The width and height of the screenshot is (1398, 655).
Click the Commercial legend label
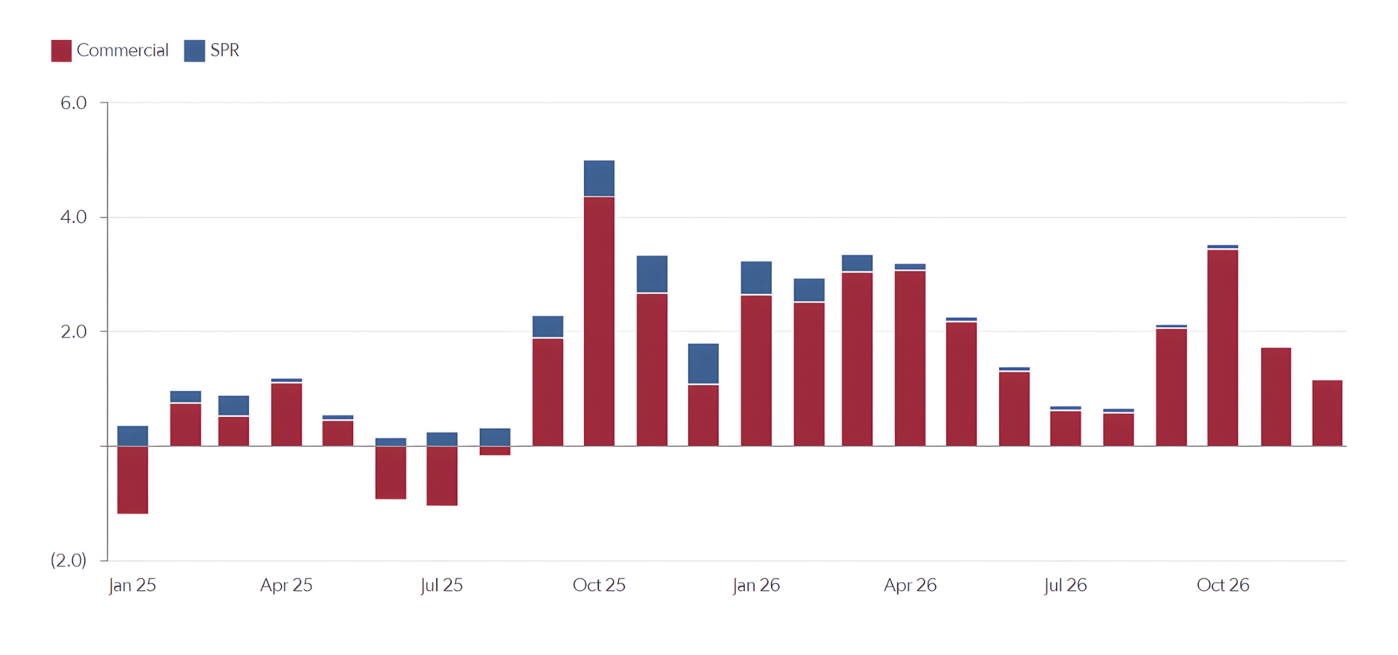pos(122,50)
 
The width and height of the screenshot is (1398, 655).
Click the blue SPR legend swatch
pos(194,50)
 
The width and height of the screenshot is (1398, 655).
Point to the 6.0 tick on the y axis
pos(74,103)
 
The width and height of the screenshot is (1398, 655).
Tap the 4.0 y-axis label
pos(74,217)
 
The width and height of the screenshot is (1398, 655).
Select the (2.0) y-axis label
pos(68,560)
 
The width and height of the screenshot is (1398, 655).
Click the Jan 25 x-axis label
pos(133,585)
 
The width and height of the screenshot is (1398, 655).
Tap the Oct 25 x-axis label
pos(599,585)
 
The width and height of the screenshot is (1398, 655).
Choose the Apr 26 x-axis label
pos(910,585)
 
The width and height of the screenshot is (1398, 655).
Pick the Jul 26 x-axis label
pos(1065,585)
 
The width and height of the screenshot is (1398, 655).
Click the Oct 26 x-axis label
pos(1223,585)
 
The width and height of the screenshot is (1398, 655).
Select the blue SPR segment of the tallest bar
pos(599,178)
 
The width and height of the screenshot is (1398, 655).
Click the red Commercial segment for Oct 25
pos(599,320)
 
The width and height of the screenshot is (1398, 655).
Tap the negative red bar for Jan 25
pos(133,480)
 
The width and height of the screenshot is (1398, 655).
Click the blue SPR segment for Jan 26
pos(756,277)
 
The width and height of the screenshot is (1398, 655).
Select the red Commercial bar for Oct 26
pos(1223,347)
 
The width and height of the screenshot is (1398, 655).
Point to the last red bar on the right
pos(1327,413)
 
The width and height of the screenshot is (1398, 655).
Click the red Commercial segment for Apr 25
pos(286,414)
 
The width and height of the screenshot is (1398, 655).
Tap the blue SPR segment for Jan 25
pos(133,436)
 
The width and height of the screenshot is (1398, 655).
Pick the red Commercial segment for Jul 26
pos(1065,429)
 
